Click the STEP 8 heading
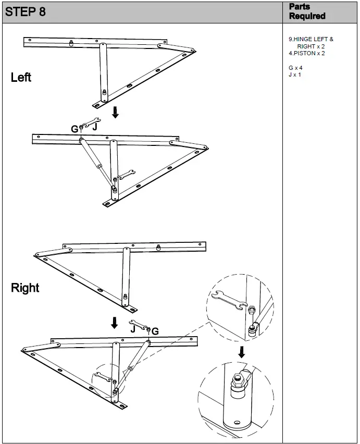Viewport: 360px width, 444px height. coord(25,11)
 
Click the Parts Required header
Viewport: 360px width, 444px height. coord(307,11)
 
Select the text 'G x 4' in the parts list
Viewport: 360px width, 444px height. coord(295,68)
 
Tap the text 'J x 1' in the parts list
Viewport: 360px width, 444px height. coord(295,75)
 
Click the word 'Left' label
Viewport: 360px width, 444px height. coord(21,77)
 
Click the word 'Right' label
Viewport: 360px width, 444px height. coord(25,288)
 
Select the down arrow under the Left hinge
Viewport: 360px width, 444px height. coord(115,112)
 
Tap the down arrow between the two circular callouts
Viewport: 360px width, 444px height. coord(241,353)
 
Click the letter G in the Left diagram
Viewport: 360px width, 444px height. coord(75,129)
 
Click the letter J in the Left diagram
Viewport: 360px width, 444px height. coord(94,127)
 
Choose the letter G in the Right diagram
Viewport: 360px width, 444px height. coord(155,331)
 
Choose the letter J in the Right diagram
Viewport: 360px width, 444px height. coord(133,328)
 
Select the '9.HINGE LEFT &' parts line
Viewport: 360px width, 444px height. coord(311,39)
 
